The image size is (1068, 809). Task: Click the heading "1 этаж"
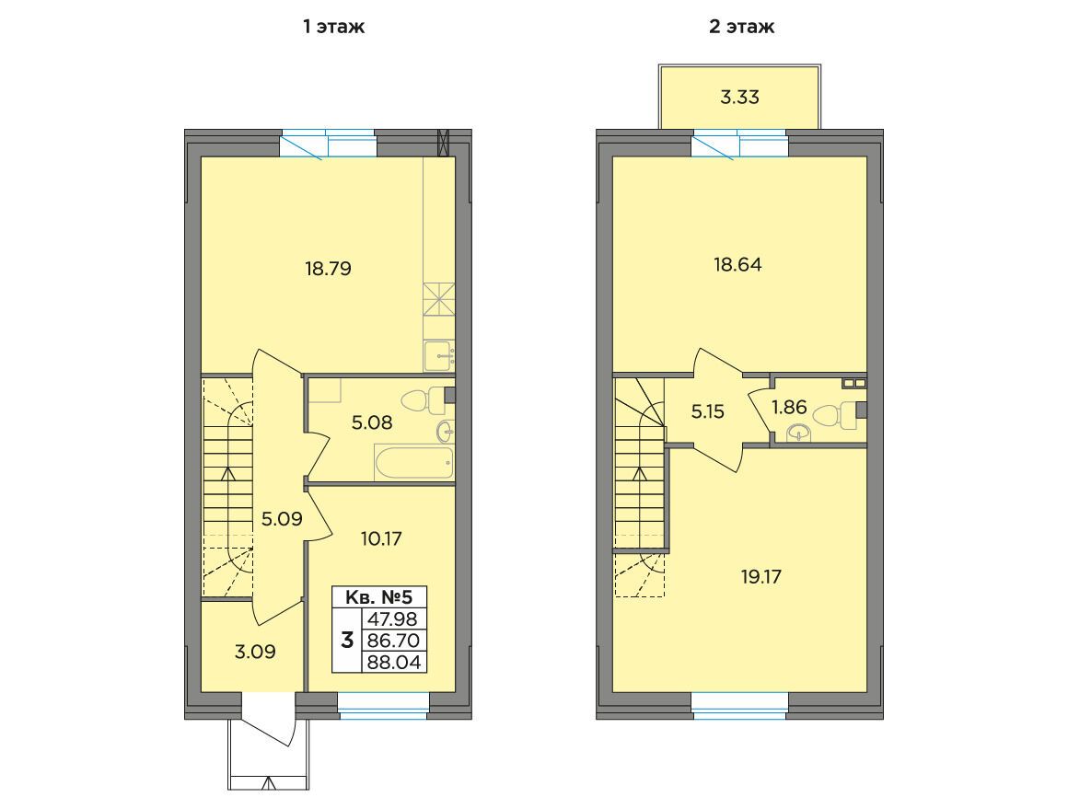tap(333, 27)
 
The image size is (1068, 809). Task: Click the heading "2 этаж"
tap(742, 27)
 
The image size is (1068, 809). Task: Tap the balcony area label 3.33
tap(739, 97)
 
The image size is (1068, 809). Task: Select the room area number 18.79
tap(329, 269)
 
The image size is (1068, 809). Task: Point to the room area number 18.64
tap(737, 264)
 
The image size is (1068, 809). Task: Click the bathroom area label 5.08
tap(372, 422)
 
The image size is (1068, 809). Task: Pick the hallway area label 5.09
tap(282, 520)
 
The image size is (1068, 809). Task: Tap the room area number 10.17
tap(381, 538)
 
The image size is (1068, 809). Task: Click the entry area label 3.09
tap(255, 652)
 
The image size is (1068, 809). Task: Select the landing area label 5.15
tap(708, 411)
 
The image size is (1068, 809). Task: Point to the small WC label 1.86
tap(789, 407)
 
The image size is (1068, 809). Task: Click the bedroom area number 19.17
tap(761, 577)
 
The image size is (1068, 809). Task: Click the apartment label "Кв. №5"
tap(379, 597)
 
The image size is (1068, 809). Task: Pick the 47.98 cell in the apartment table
tap(393, 619)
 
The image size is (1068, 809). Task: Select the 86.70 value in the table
tap(393, 641)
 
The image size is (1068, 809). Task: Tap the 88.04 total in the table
tap(393, 662)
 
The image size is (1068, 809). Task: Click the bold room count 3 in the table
tap(347, 641)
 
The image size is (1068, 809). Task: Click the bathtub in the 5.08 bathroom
tap(414, 462)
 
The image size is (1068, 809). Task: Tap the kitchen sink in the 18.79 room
tap(439, 355)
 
